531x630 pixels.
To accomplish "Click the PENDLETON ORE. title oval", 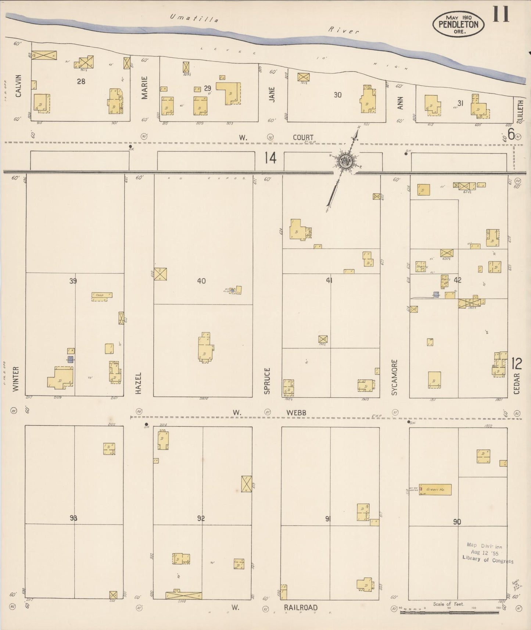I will click(x=458, y=24).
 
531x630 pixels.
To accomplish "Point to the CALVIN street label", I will click(x=18, y=86).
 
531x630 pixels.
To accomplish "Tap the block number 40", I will click(x=201, y=281).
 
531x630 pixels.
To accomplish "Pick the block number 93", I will click(x=73, y=518).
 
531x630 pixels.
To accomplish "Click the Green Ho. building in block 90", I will click(x=435, y=490).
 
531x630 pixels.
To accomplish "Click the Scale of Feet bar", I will click(x=451, y=613).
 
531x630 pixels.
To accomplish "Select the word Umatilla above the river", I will click(x=194, y=18).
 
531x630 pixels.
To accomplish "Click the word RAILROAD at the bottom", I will click(x=301, y=608).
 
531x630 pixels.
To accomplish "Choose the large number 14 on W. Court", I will click(x=270, y=158).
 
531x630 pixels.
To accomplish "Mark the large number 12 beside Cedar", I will click(x=516, y=364).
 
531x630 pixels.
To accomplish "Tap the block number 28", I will click(x=81, y=81).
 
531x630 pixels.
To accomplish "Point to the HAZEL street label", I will click(x=138, y=383).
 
